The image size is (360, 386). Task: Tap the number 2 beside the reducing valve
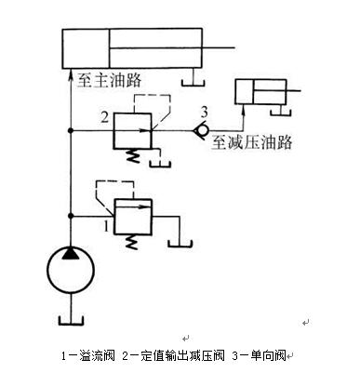tap(105, 117)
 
